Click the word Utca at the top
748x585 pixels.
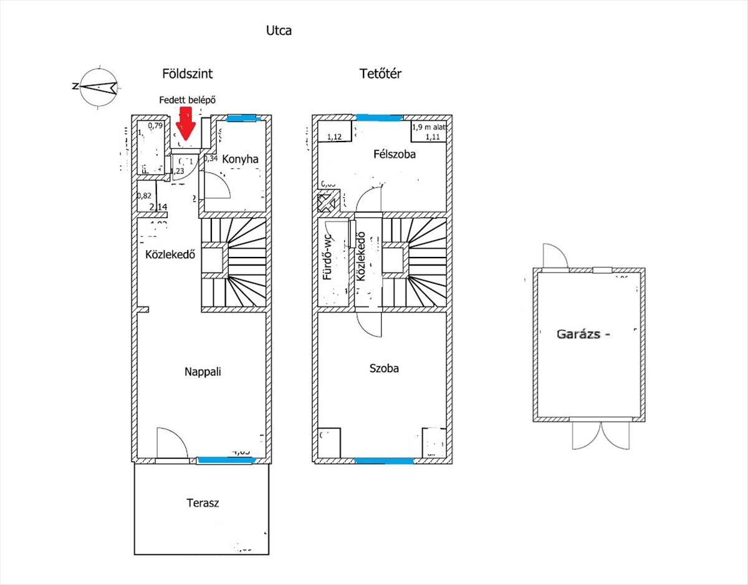pyautogui.click(x=279, y=30)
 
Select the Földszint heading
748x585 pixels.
pyautogui.click(x=187, y=74)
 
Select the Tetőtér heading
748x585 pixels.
pyautogui.click(x=380, y=74)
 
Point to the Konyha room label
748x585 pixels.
pyautogui.click(x=240, y=159)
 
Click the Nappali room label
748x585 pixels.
pyautogui.click(x=203, y=372)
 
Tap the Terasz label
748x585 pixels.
pyautogui.click(x=203, y=503)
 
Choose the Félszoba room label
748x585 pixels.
pyautogui.click(x=395, y=153)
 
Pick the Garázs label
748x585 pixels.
pyautogui.click(x=582, y=334)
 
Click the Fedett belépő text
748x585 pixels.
pyautogui.click(x=188, y=100)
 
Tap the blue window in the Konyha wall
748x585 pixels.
pyautogui.click(x=241, y=117)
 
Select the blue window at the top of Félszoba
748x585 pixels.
pyautogui.click(x=379, y=117)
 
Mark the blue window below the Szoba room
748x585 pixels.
pyautogui.click(x=383, y=462)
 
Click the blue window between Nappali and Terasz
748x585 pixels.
pyautogui.click(x=226, y=461)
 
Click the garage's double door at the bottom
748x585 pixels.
pyautogui.click(x=596, y=433)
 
